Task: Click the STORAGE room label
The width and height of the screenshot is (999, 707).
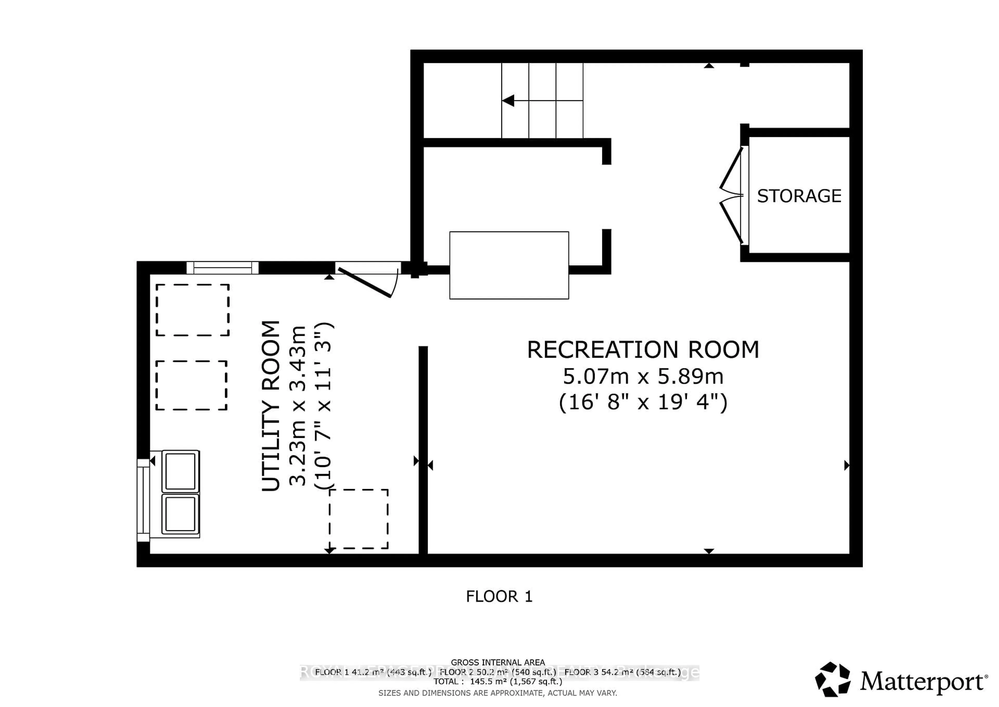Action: point(799,196)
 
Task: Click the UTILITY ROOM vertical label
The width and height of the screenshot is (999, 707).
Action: point(271,406)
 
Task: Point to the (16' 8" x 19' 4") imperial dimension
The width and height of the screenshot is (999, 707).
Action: point(643,402)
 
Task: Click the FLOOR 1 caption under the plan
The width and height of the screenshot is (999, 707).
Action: point(499,596)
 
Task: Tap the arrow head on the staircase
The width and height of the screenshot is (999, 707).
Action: point(508,100)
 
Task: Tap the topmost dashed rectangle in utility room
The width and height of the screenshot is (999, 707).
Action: point(192,310)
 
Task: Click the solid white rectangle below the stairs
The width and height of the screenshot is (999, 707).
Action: point(509,265)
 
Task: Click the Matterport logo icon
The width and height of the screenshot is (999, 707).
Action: point(832,680)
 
